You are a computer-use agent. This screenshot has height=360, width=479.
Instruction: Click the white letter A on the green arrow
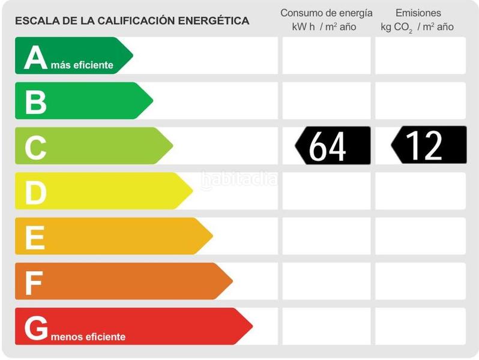(35, 58)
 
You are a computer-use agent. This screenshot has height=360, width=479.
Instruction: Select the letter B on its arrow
(35, 101)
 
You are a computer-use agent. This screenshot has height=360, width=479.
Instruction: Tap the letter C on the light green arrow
(35, 147)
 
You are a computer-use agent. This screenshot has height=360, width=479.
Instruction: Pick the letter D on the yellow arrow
(35, 192)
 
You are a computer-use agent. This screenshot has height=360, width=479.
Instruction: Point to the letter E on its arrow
(35, 237)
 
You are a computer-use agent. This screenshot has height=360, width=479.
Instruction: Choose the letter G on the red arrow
(36, 328)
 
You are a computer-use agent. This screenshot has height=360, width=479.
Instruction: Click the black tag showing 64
(333, 146)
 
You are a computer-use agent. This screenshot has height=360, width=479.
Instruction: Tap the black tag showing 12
(429, 146)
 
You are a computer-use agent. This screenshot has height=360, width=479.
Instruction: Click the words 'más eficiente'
(82, 65)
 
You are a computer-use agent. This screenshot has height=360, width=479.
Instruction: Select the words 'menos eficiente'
(88, 337)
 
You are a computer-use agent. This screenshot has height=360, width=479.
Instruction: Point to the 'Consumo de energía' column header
(326, 13)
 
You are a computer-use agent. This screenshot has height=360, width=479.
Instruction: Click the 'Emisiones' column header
(418, 13)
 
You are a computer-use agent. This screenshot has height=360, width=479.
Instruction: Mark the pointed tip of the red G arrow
(252, 326)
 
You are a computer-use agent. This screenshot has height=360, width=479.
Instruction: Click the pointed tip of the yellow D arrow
(192, 191)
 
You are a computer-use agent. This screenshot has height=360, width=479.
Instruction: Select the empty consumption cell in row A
(326, 56)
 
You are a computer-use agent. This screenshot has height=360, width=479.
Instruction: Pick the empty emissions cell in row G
(420, 326)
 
